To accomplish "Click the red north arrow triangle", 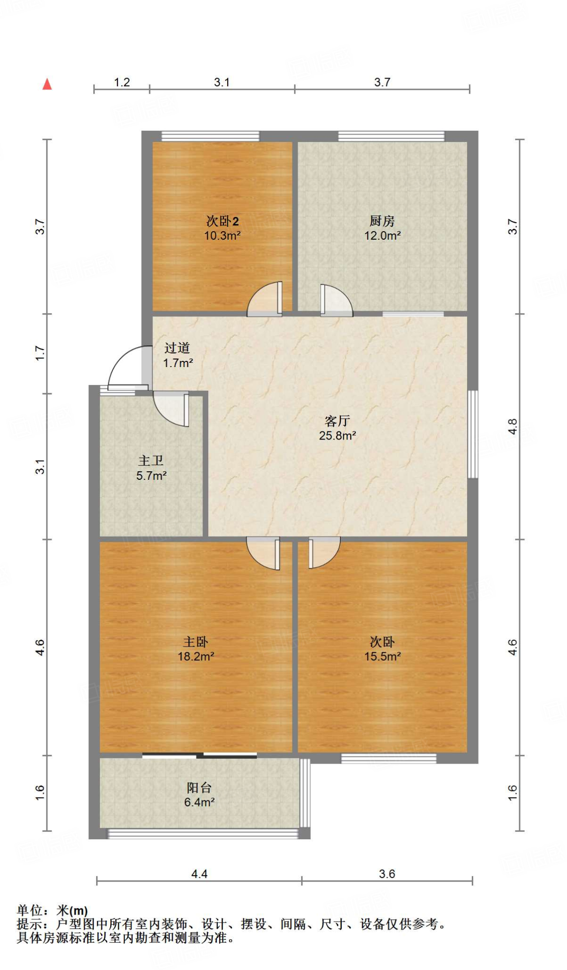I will click(47, 84).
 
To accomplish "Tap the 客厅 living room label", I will click(337, 421).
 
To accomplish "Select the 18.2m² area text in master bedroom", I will click(196, 656).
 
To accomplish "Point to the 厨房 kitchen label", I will click(382, 221).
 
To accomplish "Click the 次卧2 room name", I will click(222, 221).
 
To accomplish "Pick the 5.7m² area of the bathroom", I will click(151, 476).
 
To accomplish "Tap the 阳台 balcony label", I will click(199, 788).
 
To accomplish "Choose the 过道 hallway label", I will click(177, 348).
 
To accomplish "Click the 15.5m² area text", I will click(382, 656).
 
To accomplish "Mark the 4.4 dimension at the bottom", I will click(199, 874).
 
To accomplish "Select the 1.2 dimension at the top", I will click(122, 82).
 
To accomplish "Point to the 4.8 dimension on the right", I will click(513, 427).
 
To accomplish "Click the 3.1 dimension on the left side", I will click(40, 467).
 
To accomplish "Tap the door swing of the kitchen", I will click(336, 300).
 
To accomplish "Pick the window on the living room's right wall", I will click(472, 434).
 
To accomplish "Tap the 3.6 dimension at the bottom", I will click(387, 874).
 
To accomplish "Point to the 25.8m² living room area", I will click(337, 436).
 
